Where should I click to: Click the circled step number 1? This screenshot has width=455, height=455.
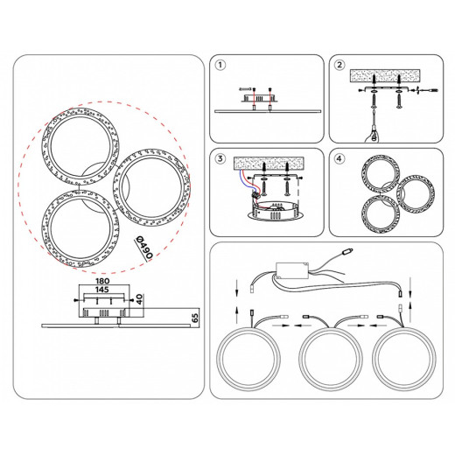coord(220,65)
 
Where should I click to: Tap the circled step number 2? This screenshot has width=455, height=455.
coord(339,65)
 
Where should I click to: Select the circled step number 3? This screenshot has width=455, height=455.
coord(220,158)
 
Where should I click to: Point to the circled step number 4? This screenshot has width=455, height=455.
coord(339,158)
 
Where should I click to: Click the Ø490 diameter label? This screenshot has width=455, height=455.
coord(144,247)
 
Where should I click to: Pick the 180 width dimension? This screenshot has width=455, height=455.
coord(102,281)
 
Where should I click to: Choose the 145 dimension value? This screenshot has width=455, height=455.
coord(102,290)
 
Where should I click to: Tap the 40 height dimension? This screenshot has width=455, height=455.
coord(140,299)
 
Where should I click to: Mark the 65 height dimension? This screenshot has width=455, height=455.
coord(195,318)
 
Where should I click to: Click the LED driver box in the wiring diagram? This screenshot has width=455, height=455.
coord(292,270)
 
